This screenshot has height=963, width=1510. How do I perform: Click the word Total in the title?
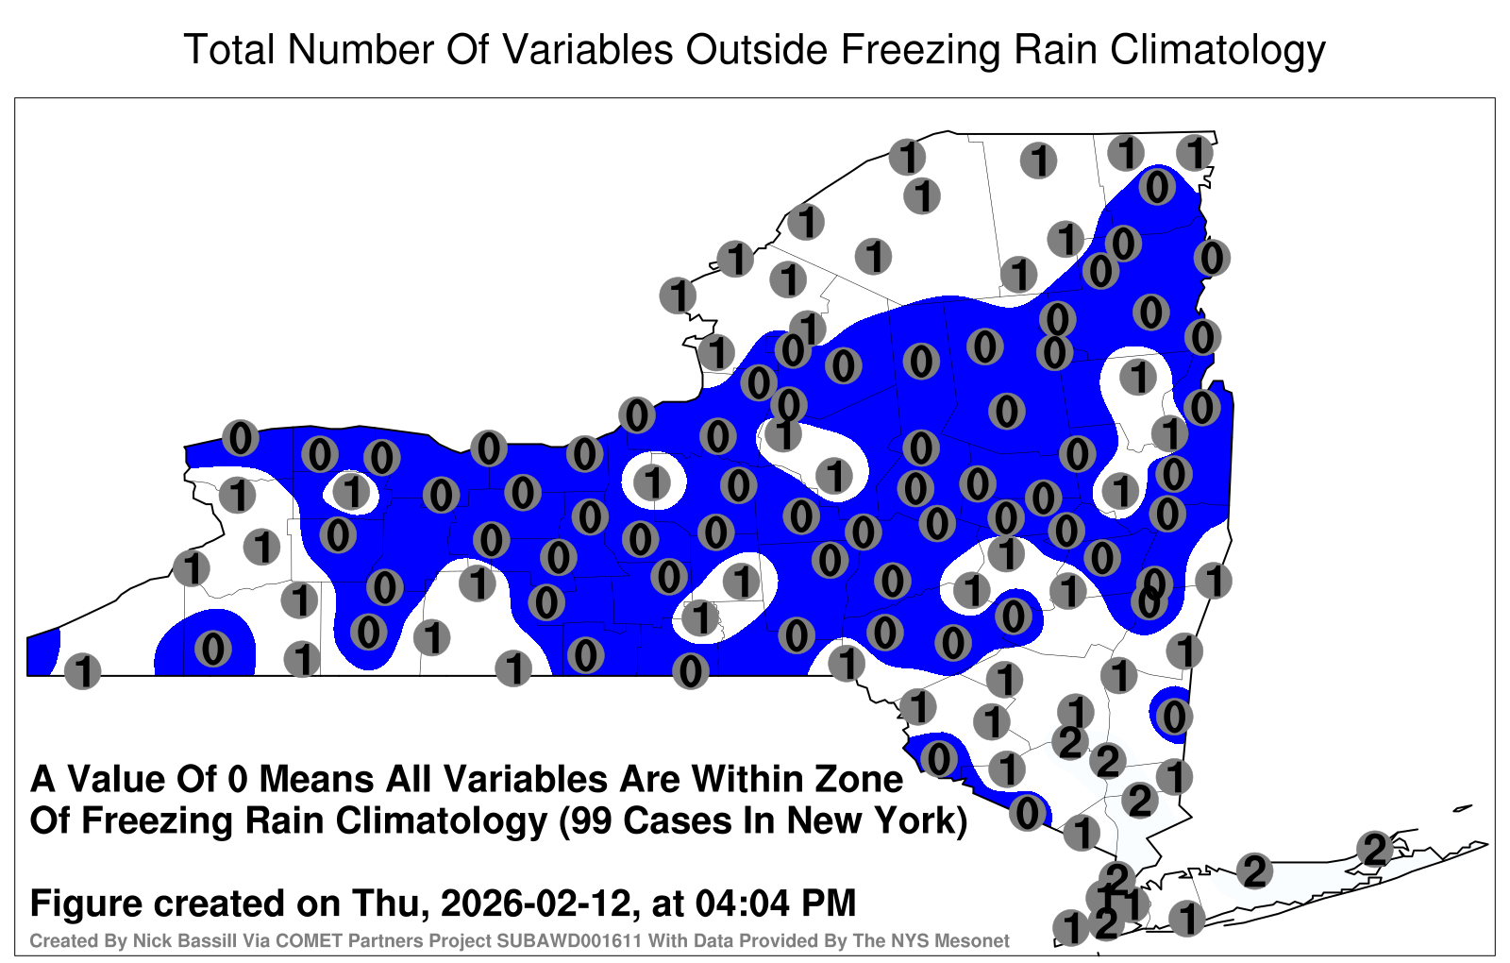pyautogui.click(x=229, y=49)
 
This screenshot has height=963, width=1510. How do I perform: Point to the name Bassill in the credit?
pyautogui.click(x=216, y=940)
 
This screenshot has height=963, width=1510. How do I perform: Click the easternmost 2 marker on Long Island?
pyautogui.click(x=1374, y=849)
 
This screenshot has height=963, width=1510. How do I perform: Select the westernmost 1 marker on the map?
pyautogui.click(x=82, y=671)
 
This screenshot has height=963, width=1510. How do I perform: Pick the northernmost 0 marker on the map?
pyautogui.click(x=1157, y=187)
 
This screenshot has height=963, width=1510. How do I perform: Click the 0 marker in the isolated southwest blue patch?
pyautogui.click(x=213, y=650)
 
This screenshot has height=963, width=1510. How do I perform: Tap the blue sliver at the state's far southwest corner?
pyautogui.click(x=42, y=651)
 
